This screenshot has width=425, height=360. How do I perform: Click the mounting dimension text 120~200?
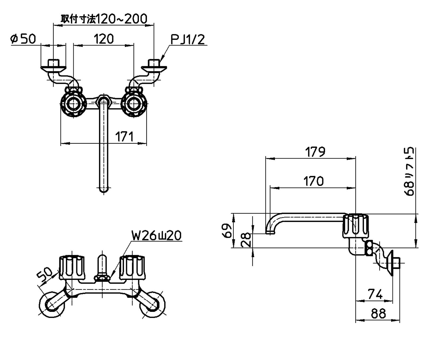(x=104, y=19)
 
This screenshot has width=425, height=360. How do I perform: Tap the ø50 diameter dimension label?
(x=23, y=39)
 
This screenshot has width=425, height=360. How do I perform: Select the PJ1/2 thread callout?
(x=188, y=40)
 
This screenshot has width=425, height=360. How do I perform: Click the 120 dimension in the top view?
(x=104, y=39)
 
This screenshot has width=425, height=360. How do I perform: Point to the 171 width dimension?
(x=124, y=137)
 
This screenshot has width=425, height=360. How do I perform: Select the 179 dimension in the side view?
(x=315, y=152)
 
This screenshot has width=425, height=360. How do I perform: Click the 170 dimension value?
(x=314, y=181)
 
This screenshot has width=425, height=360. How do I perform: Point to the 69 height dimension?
(x=227, y=231)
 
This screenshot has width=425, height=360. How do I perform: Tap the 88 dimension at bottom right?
(x=378, y=314)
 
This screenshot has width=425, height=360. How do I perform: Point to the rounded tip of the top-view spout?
(x=103, y=190)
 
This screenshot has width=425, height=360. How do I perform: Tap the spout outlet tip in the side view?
(x=270, y=233)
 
